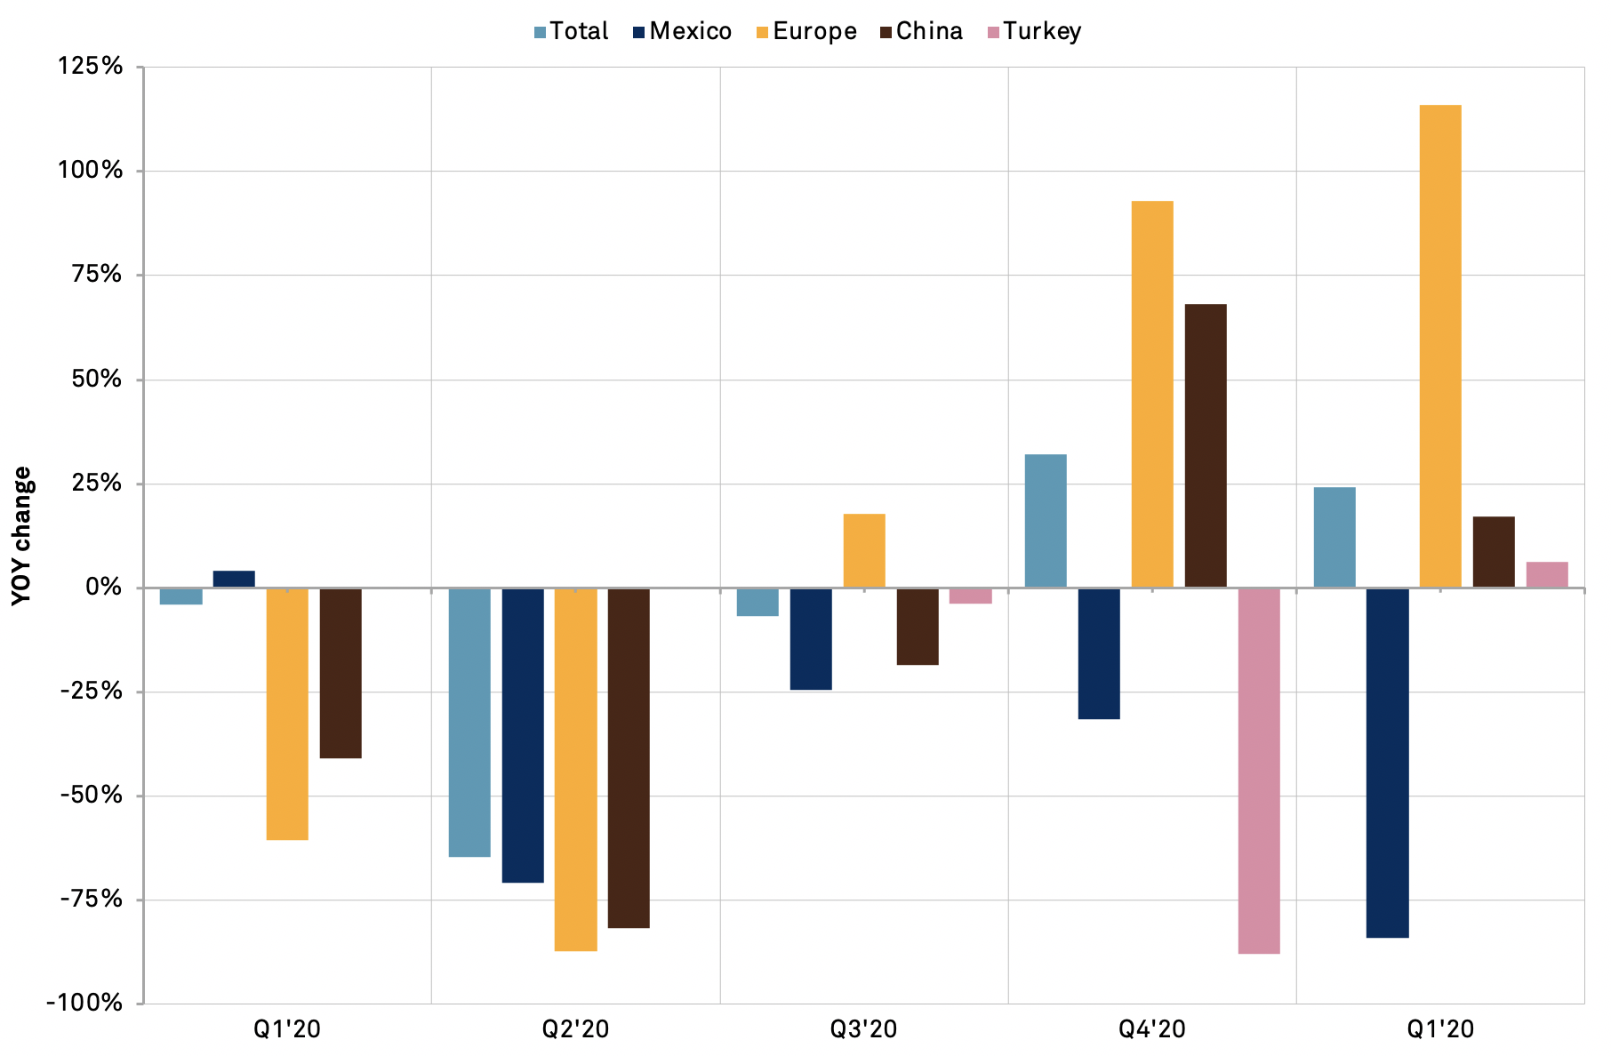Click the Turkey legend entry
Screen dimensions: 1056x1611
(1034, 32)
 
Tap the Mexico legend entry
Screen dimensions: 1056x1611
(682, 32)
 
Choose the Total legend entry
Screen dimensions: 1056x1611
(571, 32)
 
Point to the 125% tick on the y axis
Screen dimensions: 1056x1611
(91, 67)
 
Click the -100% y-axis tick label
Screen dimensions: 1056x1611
(84, 1003)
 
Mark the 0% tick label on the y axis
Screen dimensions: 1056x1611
(103, 588)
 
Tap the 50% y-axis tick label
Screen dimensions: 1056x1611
(96, 380)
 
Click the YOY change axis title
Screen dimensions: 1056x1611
(22, 536)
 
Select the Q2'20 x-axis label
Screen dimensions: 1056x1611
(575, 1029)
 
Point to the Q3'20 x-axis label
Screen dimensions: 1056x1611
(863, 1029)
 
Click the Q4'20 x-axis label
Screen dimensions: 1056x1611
(1151, 1029)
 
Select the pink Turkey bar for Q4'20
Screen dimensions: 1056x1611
(1258, 771)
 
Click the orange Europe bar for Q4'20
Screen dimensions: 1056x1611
(1152, 395)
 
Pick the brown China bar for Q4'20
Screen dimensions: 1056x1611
(1206, 446)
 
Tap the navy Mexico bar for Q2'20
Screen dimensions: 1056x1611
(523, 735)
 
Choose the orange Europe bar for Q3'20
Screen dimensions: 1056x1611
(864, 551)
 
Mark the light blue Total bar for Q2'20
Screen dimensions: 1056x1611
(469, 722)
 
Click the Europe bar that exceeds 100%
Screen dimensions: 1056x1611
(1440, 347)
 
